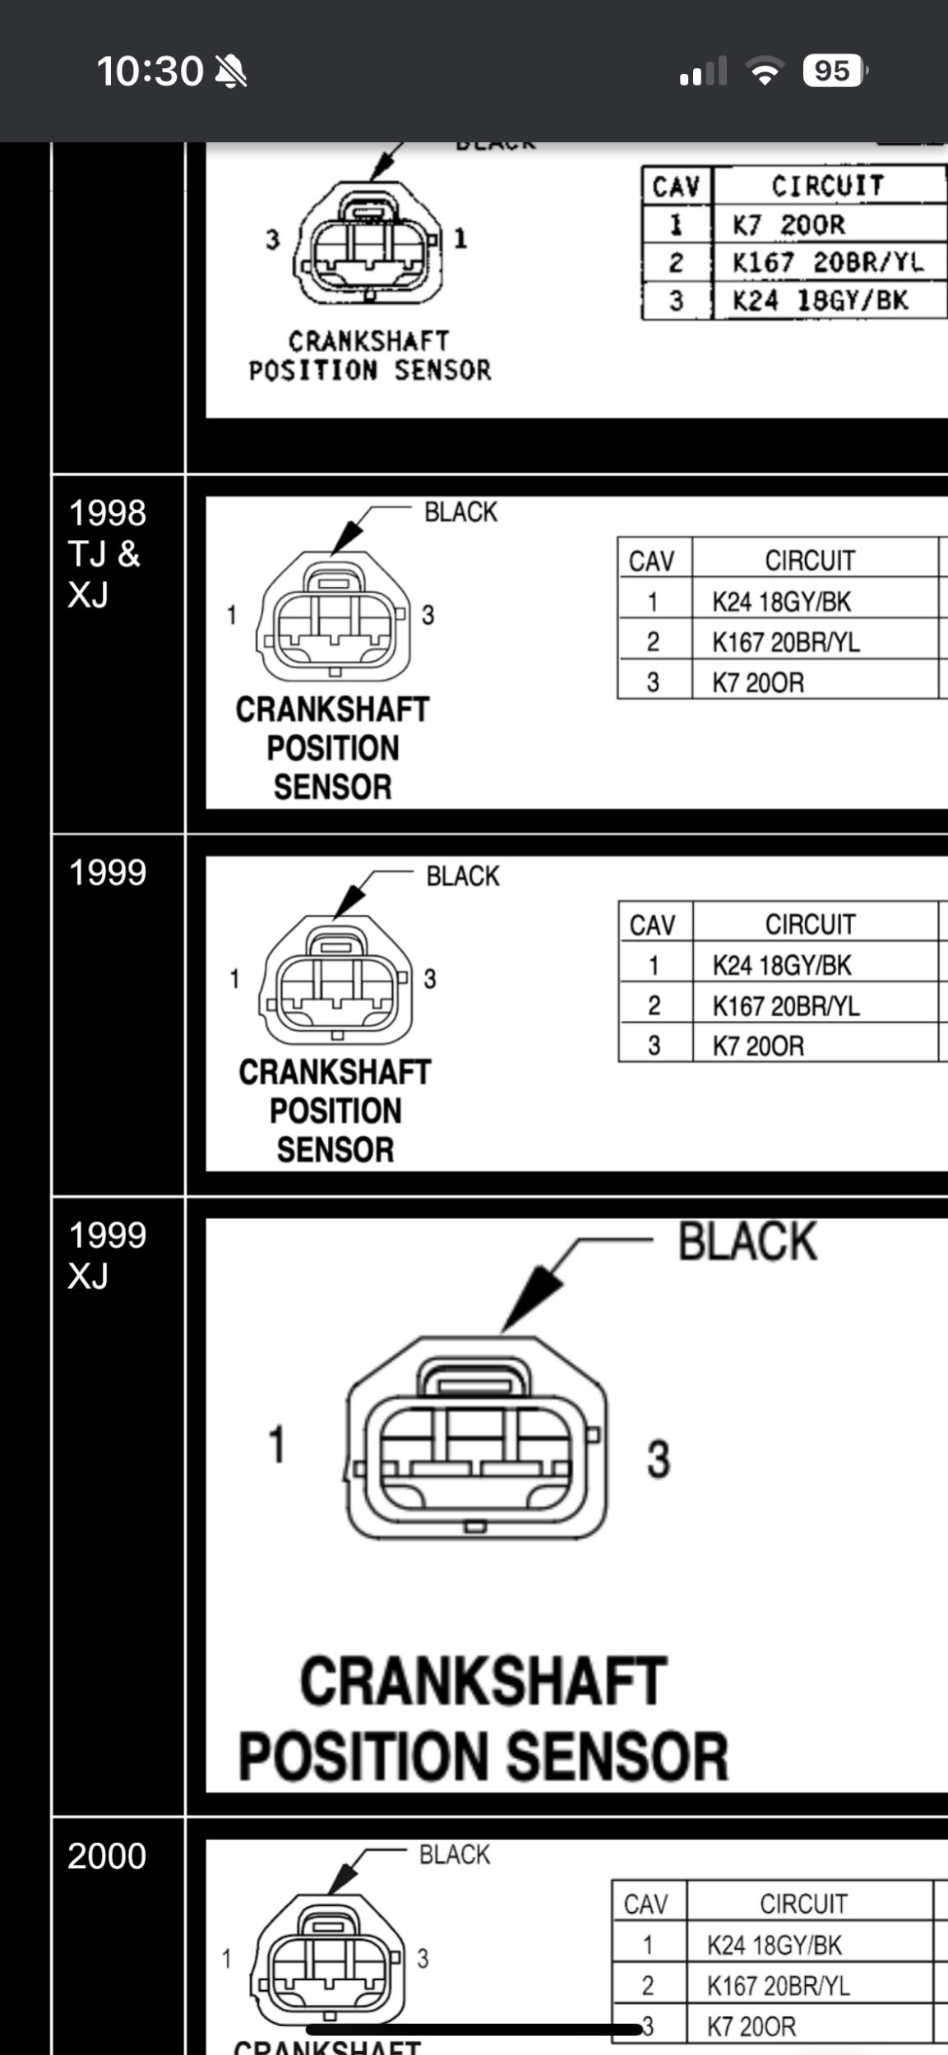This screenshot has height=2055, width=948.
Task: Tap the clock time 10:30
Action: [x=150, y=72]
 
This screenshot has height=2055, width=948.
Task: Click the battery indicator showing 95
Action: [x=834, y=72]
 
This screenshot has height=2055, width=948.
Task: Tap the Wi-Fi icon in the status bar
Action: [x=765, y=72]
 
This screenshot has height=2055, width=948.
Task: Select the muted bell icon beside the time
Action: [x=231, y=72]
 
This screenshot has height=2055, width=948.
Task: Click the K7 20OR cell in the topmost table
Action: [x=788, y=224]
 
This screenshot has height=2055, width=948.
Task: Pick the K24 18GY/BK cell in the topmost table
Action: [x=820, y=300]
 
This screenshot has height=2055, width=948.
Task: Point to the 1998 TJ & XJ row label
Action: [x=106, y=553]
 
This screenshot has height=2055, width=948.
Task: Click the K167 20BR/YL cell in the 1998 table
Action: [x=786, y=642]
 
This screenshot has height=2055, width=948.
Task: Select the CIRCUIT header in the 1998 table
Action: [x=810, y=561]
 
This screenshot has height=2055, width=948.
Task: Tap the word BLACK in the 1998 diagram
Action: [x=460, y=512]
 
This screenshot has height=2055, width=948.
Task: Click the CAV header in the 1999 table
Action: [x=652, y=926]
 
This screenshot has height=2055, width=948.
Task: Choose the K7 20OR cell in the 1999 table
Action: [x=758, y=1046]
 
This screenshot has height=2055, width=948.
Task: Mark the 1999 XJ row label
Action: [x=107, y=1255]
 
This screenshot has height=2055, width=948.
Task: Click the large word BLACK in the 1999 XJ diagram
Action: [x=747, y=1242]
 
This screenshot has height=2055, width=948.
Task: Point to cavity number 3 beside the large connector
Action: [x=658, y=1460]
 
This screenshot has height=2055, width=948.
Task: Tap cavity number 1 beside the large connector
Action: [x=277, y=1444]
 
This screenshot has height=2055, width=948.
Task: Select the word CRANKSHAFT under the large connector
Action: [x=483, y=1682]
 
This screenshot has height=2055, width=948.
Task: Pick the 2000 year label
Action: [x=107, y=1856]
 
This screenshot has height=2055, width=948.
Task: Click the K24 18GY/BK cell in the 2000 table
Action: [x=775, y=1946]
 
